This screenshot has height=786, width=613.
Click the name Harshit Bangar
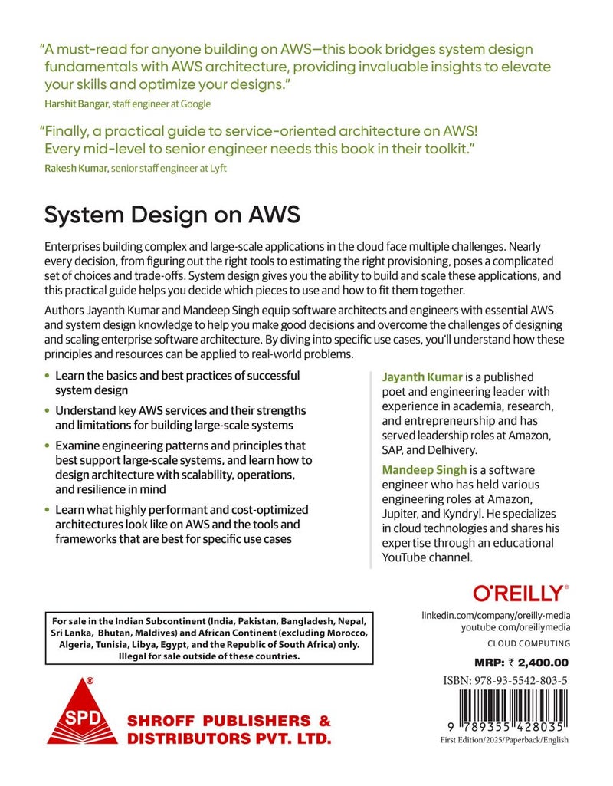74,104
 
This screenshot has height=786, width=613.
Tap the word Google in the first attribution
195,104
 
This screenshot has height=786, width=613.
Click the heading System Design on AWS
172,217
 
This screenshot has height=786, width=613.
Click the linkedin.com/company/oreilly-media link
496,616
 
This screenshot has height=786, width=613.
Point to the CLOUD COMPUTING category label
529,644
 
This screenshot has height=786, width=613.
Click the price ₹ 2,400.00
534,663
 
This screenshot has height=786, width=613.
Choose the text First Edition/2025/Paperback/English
504,740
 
